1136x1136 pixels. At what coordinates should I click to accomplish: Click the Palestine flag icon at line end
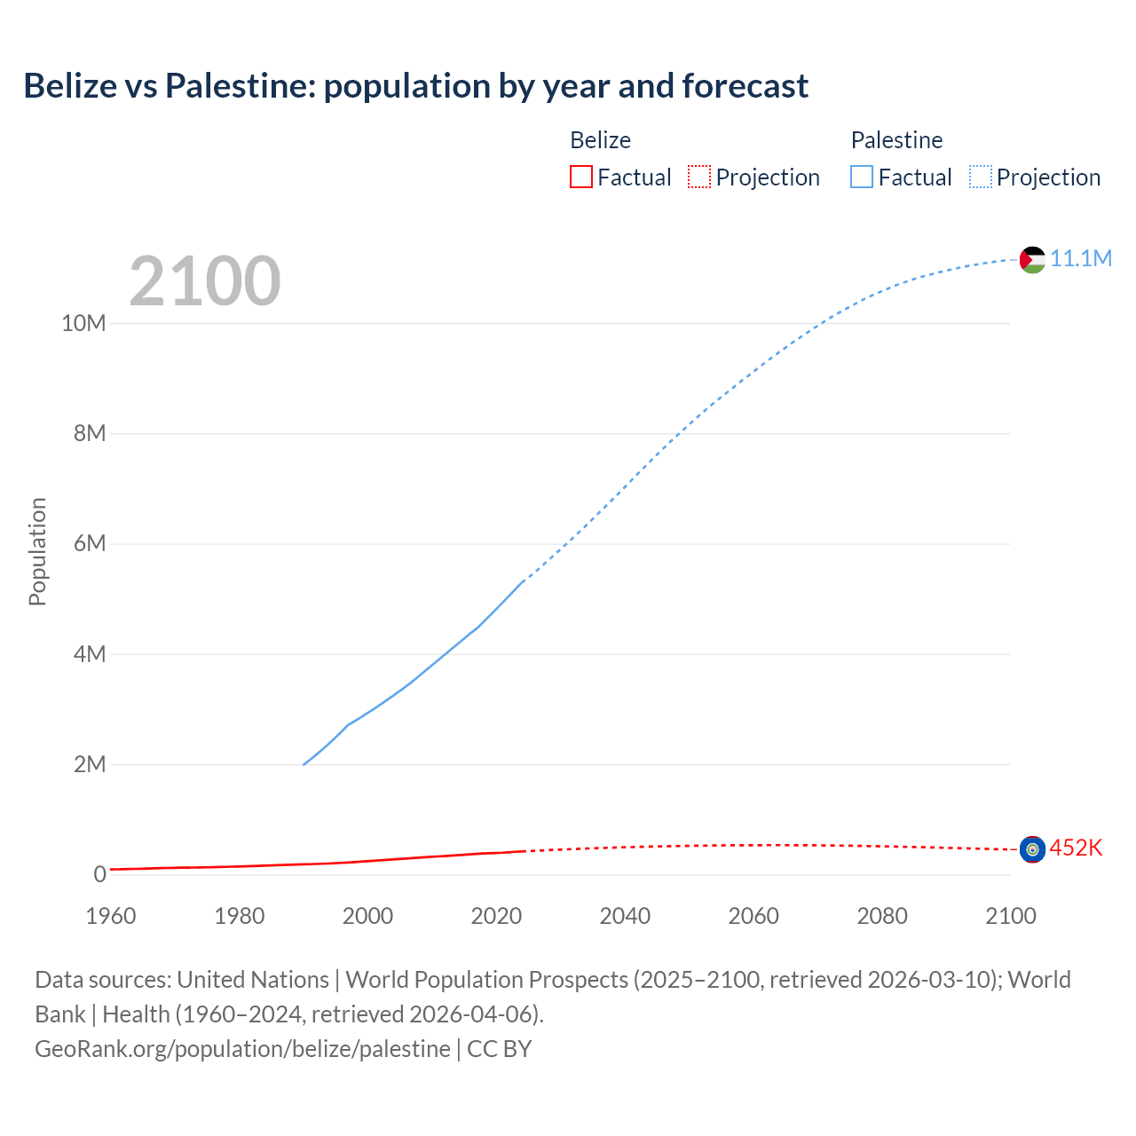[x=1032, y=259]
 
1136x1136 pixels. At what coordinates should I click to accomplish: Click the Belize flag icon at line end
[x=1032, y=849]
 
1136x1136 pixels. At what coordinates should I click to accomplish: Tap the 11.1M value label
[x=1081, y=258]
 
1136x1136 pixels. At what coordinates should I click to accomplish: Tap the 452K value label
[x=1076, y=848]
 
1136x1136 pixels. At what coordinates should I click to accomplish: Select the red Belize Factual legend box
[x=580, y=177]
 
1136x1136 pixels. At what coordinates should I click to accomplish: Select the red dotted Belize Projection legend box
[x=699, y=177]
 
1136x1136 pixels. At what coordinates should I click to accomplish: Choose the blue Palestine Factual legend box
[x=861, y=177]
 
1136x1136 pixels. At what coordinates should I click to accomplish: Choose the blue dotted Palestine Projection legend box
[x=980, y=177]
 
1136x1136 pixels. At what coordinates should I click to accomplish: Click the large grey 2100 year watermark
[x=205, y=281]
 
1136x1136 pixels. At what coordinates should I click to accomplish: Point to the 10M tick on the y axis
[x=83, y=323]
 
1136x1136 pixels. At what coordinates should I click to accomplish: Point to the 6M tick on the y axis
[x=90, y=543]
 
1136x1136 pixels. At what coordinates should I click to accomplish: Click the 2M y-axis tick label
[x=90, y=764]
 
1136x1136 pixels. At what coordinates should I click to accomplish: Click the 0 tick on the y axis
[x=99, y=874]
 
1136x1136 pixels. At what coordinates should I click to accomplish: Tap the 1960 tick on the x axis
[x=111, y=916]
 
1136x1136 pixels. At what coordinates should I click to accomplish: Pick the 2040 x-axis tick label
[x=625, y=916]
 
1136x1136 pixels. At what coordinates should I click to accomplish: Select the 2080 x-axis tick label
[x=882, y=916]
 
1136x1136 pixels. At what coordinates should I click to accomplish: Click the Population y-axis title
[x=37, y=552]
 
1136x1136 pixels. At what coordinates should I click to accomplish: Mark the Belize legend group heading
[x=600, y=140]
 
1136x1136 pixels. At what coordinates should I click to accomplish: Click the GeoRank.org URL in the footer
[x=242, y=1048]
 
